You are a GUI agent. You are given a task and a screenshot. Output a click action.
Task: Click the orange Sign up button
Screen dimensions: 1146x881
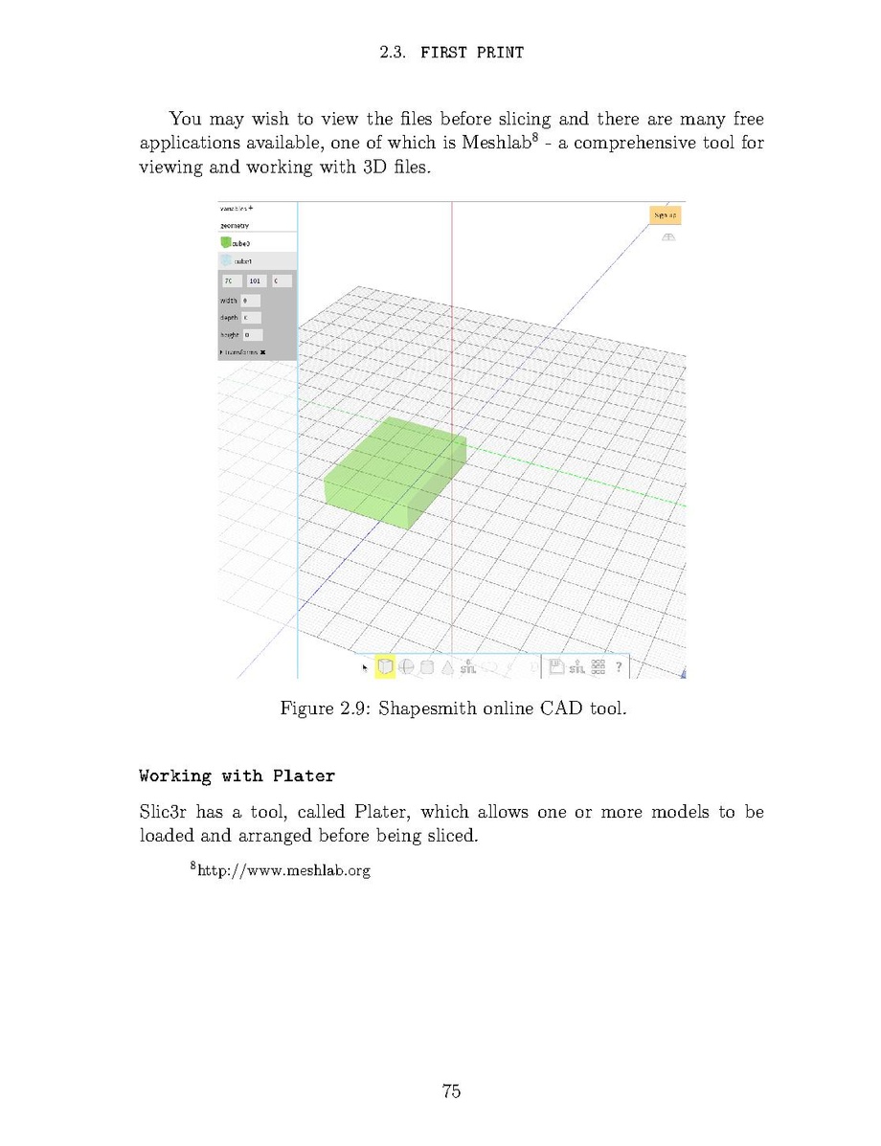click(666, 215)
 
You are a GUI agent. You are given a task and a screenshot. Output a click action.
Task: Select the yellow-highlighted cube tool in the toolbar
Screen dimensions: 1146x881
click(385, 666)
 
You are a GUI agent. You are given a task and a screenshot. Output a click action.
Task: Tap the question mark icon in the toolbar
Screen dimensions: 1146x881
click(620, 666)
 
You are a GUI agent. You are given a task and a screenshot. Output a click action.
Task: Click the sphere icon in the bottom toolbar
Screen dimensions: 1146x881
click(406, 667)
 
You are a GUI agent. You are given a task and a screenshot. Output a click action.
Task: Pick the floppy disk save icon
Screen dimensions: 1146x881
click(556, 666)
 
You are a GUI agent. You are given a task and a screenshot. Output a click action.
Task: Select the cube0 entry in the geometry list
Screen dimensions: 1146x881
click(239, 243)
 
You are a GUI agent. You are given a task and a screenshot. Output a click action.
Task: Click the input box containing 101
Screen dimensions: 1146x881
click(256, 281)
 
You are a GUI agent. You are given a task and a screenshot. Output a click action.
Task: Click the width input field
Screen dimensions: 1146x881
click(250, 301)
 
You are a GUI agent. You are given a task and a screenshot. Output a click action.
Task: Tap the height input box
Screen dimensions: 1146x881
click(251, 335)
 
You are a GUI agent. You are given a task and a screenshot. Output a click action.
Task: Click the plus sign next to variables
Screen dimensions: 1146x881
click(251, 208)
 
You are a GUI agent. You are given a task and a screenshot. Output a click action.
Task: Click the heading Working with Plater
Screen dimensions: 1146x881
click(237, 775)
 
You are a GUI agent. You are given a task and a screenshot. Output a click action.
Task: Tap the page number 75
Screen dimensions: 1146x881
click(452, 1090)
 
